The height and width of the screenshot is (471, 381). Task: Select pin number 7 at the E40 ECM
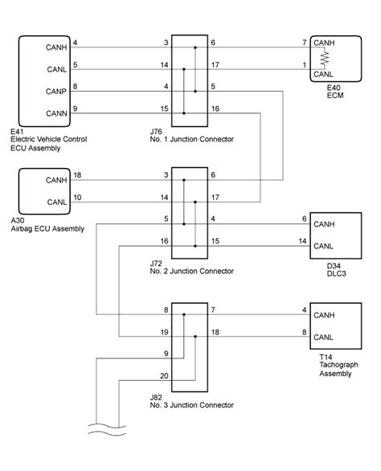304,42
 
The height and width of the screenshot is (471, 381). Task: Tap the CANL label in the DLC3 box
324,246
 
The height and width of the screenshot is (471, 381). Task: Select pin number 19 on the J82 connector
164,331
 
